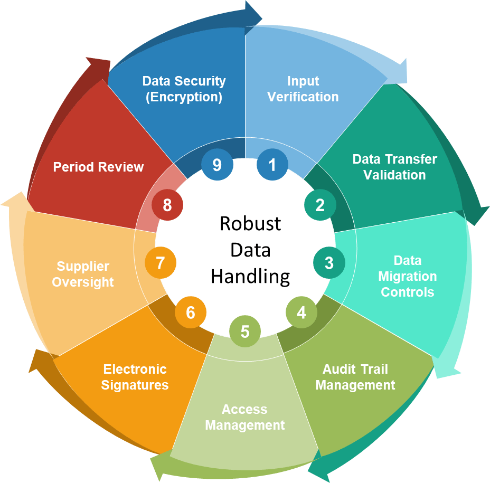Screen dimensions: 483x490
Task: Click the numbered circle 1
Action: tap(272, 165)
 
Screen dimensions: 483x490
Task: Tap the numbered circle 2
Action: tap(320, 205)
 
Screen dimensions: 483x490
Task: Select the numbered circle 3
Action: tap(329, 262)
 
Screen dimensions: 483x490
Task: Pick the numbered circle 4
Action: tap(301, 312)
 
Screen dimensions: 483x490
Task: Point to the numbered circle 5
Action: tap(245, 332)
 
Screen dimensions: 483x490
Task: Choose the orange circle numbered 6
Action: tap(191, 312)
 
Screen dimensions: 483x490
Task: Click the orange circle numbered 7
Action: tap(160, 262)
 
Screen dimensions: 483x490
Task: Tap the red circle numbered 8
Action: tap(167, 205)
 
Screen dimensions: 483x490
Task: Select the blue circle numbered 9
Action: tap(216, 165)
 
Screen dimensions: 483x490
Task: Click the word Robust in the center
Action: tap(250, 223)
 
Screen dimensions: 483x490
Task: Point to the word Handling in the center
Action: tap(250, 276)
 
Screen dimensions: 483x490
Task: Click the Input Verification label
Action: tap(303, 89)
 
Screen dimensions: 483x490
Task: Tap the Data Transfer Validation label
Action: tap(394, 167)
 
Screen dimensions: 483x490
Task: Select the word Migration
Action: tap(407, 276)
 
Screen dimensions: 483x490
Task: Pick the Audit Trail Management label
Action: tap(355, 377)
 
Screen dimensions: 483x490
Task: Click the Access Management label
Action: tap(245, 417)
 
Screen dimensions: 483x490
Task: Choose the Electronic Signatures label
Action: tap(135, 377)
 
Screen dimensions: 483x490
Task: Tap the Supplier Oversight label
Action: tap(83, 274)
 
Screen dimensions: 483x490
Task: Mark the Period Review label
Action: tap(98, 167)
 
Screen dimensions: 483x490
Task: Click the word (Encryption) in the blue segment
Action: tap(184, 97)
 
